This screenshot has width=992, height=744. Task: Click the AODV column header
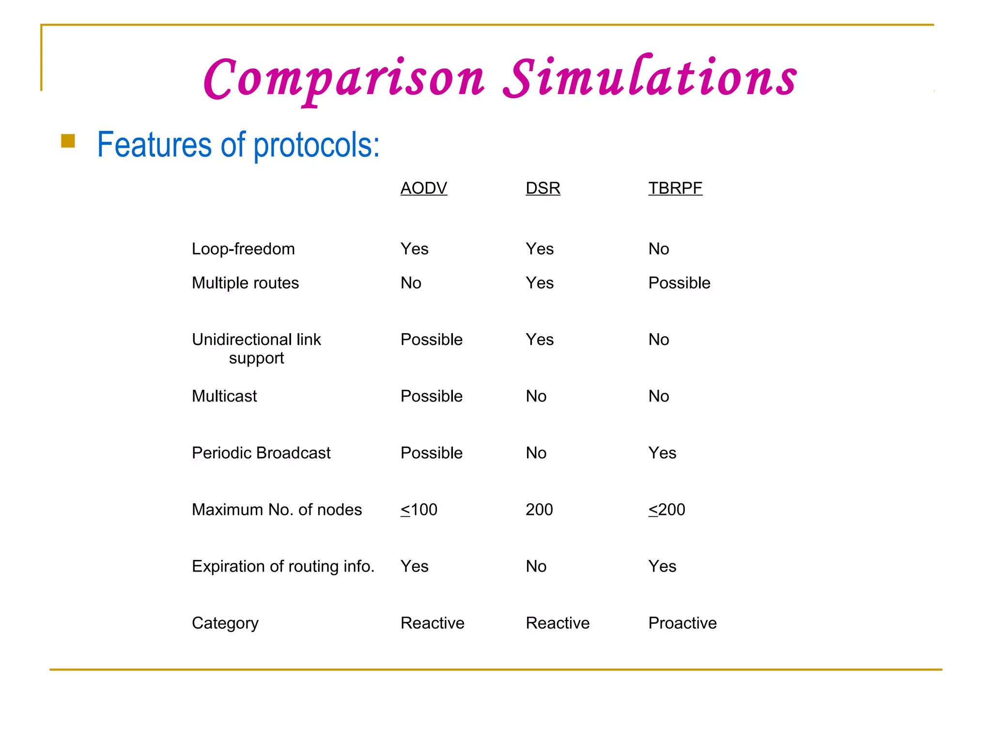tap(423, 188)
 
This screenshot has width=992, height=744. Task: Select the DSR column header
tap(542, 188)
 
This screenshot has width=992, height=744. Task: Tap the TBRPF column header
tap(675, 188)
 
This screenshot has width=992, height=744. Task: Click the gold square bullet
tap(68, 141)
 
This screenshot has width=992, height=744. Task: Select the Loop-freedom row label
tap(243, 249)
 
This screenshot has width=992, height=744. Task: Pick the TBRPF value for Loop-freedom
tap(658, 249)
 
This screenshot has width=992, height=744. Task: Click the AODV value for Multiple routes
tap(411, 283)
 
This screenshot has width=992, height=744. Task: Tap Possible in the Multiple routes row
tap(679, 283)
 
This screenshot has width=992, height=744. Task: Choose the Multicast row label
tap(224, 396)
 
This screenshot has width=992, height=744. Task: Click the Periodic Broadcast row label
tap(261, 453)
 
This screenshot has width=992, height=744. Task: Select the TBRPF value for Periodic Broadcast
tap(662, 453)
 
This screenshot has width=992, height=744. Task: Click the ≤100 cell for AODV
tap(418, 510)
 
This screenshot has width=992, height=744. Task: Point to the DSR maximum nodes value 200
tap(539, 510)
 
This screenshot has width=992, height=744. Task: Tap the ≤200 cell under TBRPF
tap(666, 510)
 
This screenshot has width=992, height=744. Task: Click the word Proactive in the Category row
tap(682, 623)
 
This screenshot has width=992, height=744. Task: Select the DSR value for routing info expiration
tap(536, 566)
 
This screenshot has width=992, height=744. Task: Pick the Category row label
tap(225, 623)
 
